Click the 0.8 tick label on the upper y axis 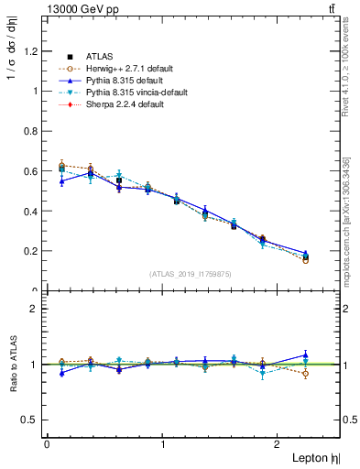pyautogui.click(x=33, y=131)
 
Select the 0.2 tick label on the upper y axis pyautogui.click(x=33, y=251)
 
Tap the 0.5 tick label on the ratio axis pyautogui.click(x=33, y=420)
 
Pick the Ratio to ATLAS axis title pyautogui.click(x=12, y=364)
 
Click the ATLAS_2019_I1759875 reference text pyautogui.click(x=191, y=274)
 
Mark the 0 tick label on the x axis pyautogui.click(x=47, y=443)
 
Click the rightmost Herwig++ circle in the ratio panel pyautogui.click(x=306, y=374)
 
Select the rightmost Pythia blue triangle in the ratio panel pyautogui.click(x=306, y=355)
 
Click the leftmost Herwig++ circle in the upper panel pyautogui.click(x=61, y=166)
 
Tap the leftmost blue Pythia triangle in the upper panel pyautogui.click(x=61, y=181)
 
